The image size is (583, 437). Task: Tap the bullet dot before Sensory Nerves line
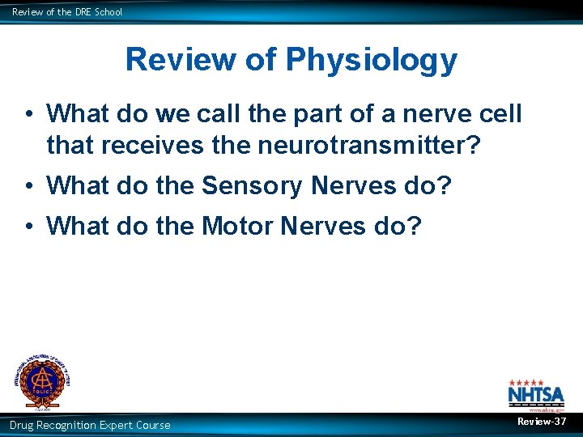click(x=28, y=186)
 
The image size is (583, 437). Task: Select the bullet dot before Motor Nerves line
click(x=28, y=226)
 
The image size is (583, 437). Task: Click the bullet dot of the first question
click(x=28, y=115)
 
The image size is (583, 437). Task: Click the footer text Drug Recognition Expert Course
click(x=90, y=425)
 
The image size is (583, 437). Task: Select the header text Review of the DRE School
click(x=67, y=11)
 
